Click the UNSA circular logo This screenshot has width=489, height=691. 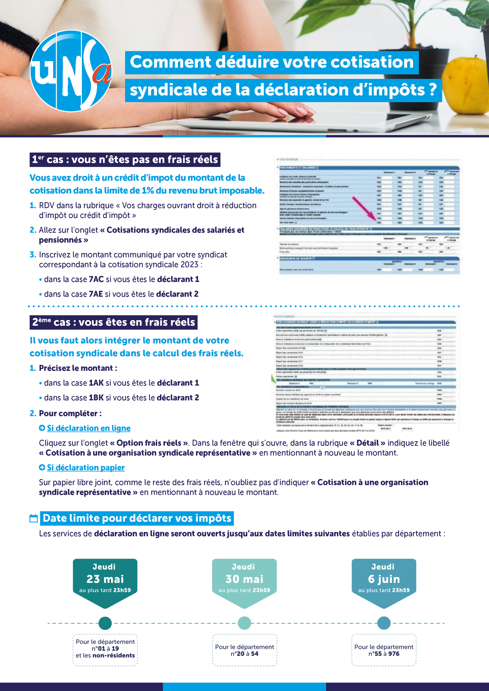[x=71, y=71]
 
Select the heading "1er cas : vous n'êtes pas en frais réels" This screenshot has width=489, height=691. [x=125, y=159]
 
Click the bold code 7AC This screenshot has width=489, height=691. [x=96, y=279]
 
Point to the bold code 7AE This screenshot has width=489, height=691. [x=96, y=294]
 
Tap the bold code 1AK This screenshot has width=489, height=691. [x=96, y=383]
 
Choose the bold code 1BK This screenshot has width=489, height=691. [x=96, y=398]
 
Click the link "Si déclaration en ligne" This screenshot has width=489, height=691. [x=89, y=428]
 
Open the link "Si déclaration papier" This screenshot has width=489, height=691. [x=86, y=467]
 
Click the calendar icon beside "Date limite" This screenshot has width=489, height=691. [x=34, y=519]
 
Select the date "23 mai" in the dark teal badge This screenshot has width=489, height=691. [x=105, y=579]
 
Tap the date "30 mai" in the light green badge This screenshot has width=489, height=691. [x=244, y=579]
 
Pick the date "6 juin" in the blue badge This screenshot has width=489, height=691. [x=384, y=579]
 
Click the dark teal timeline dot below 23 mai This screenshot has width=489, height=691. [x=105, y=623]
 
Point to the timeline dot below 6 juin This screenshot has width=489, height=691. [x=384, y=623]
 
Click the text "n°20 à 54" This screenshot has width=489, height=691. [x=244, y=654]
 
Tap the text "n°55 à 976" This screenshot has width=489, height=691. [x=384, y=654]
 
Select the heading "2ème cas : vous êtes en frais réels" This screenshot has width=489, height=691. [x=113, y=322]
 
